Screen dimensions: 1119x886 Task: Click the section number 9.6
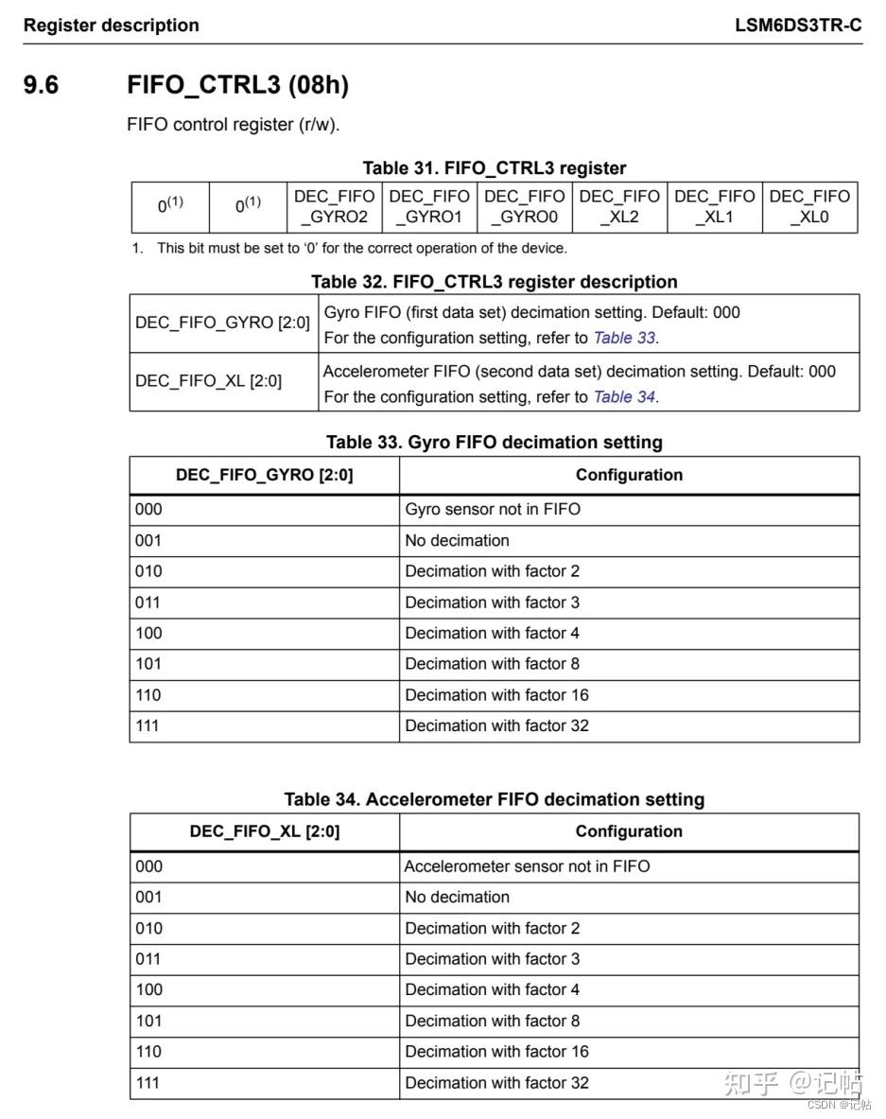tap(41, 85)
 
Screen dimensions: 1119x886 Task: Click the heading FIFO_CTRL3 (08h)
tap(237, 85)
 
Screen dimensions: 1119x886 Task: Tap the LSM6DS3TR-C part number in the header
tap(798, 26)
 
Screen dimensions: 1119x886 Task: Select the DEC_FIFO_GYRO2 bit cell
tap(334, 207)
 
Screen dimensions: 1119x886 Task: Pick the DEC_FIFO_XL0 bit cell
tap(809, 207)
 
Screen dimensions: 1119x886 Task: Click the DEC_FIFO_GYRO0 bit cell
tap(524, 207)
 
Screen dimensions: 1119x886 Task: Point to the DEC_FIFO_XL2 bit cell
tap(619, 207)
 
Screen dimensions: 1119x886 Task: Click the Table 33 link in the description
tap(624, 338)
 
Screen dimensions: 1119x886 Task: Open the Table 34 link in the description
tap(624, 397)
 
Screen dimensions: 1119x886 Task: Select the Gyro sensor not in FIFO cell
tap(493, 510)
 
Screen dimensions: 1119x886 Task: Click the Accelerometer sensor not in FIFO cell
tap(527, 866)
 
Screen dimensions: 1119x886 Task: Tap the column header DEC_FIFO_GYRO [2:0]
tap(264, 476)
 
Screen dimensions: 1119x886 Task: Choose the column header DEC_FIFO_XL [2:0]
tap(264, 832)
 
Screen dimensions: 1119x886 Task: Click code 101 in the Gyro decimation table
tap(148, 664)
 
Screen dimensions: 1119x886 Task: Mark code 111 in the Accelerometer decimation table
tap(148, 1083)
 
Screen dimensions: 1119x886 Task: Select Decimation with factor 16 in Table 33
tap(496, 695)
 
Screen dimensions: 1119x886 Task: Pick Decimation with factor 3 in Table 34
tap(493, 959)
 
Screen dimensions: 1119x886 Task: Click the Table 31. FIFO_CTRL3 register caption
tap(494, 168)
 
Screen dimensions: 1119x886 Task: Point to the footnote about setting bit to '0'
tap(361, 249)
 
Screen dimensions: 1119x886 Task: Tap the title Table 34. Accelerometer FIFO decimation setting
tap(494, 800)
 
